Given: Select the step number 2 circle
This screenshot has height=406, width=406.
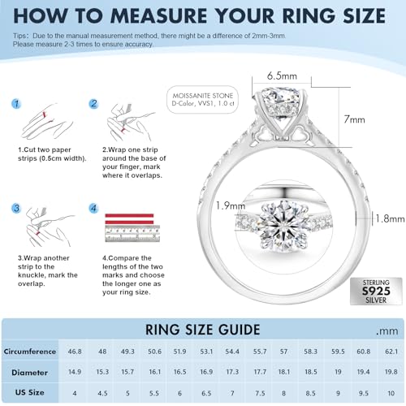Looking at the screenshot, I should coord(94,104).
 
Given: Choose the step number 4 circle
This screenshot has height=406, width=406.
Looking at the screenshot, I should coord(94,209).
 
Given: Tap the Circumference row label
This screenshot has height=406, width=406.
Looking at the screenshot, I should coord(29,352).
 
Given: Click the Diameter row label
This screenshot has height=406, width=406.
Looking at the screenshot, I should coord(29,372).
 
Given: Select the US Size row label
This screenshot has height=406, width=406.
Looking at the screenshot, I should coord(29,391).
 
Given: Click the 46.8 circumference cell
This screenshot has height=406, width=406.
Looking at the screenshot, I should coord(76,352).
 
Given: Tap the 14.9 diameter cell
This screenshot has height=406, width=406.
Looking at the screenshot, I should coord(76,372).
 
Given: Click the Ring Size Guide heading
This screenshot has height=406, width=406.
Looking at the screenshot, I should coord(202,330).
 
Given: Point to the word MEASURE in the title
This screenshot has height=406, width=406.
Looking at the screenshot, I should coord(193,15).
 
